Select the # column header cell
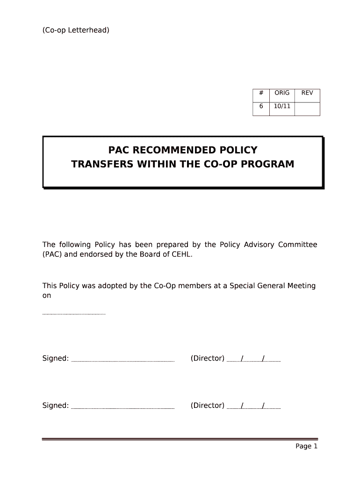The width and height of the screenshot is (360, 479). click(x=261, y=93)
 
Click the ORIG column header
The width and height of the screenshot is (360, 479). click(x=282, y=93)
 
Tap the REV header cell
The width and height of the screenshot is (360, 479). click(x=307, y=93)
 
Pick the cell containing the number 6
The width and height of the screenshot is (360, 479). click(x=261, y=107)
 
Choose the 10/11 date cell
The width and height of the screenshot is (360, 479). click(x=282, y=107)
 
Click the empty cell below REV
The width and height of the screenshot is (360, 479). click(x=307, y=109)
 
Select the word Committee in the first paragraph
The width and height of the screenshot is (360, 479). click(x=298, y=245)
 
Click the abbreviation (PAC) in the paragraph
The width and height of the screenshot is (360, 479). click(x=53, y=254)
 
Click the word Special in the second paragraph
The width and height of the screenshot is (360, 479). click(x=246, y=286)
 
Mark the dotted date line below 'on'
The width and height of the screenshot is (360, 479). click(x=74, y=314)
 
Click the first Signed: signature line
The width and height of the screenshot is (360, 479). click(x=123, y=361)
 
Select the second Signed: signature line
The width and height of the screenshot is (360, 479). click(x=123, y=408)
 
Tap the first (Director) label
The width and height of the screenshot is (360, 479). click(x=208, y=358)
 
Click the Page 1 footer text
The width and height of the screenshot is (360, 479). click(x=306, y=446)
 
